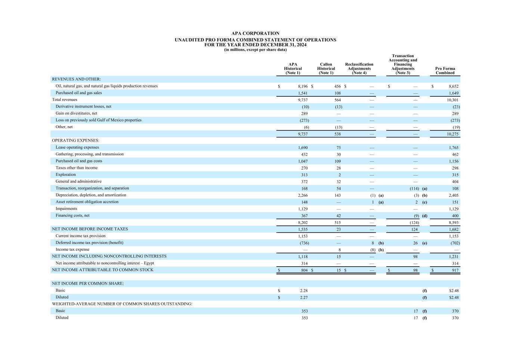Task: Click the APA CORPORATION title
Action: pyautogui.click(x=255, y=33)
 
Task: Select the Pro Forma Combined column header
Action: pyautogui.click(x=445, y=71)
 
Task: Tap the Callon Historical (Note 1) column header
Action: pyautogui.click(x=326, y=69)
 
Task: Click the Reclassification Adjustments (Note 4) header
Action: pyautogui.click(x=359, y=69)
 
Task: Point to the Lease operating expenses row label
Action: pyautogui.click(x=77, y=148)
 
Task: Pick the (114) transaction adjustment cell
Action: pyautogui.click(x=414, y=189)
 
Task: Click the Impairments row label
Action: pyautogui.click(x=67, y=209)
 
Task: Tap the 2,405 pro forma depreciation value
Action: pyautogui.click(x=454, y=195)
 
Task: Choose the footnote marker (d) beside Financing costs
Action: pyautogui.click(x=424, y=216)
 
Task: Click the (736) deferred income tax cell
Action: pyautogui.click(x=304, y=243)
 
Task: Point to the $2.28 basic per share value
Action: pyautogui.click(x=304, y=291)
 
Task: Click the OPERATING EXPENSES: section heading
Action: pyautogui.click(x=75, y=141)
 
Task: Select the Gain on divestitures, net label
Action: pyautogui.click(x=76, y=114)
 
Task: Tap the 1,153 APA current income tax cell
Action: pyautogui.click(x=303, y=236)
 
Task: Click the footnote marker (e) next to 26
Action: pyautogui.click(x=424, y=243)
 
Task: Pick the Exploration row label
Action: pyautogui.click(x=66, y=175)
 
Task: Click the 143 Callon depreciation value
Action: pyautogui.click(x=337, y=195)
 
